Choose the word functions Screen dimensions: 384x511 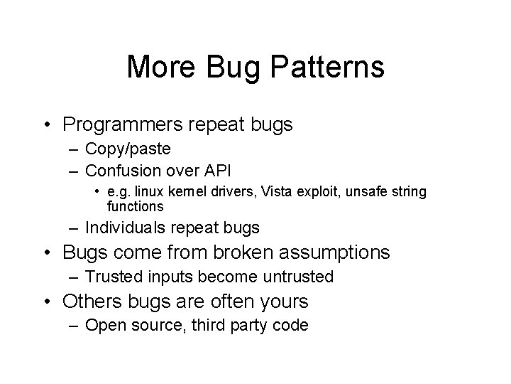pyautogui.click(x=135, y=206)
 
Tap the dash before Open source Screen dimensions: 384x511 pyautogui.click(x=75, y=326)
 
